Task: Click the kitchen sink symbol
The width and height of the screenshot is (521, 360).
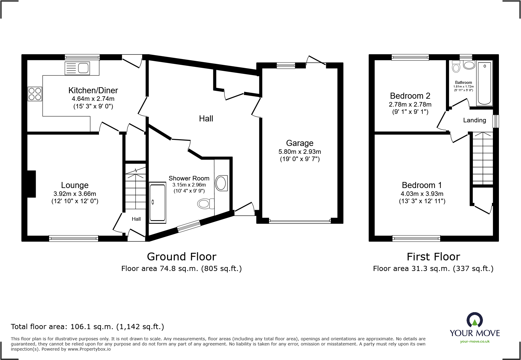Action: tap(77, 68)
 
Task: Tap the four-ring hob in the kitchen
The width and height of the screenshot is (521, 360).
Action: tap(35, 94)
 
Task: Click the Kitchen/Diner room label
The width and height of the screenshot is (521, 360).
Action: tap(93, 90)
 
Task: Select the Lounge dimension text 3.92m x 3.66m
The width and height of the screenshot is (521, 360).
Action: tap(75, 193)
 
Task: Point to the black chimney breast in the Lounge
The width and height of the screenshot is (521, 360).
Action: tap(31, 184)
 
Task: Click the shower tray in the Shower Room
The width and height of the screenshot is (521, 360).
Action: tap(157, 202)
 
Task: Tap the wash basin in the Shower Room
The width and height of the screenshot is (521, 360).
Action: tap(221, 183)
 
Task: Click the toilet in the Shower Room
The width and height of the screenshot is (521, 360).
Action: tap(205, 203)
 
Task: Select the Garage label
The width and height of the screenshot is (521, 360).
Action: tap(300, 143)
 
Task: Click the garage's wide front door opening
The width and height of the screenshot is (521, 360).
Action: tap(300, 221)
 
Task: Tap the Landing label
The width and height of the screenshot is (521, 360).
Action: tap(474, 120)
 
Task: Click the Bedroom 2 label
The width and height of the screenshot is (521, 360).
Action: tap(410, 96)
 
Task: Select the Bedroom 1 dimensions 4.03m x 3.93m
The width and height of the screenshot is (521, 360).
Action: tap(422, 193)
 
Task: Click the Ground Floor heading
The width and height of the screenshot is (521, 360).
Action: tap(182, 257)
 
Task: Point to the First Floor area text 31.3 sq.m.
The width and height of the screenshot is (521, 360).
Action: tap(433, 269)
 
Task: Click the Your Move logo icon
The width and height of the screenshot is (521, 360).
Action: tap(474, 320)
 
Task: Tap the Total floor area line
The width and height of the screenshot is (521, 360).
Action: tap(87, 327)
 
